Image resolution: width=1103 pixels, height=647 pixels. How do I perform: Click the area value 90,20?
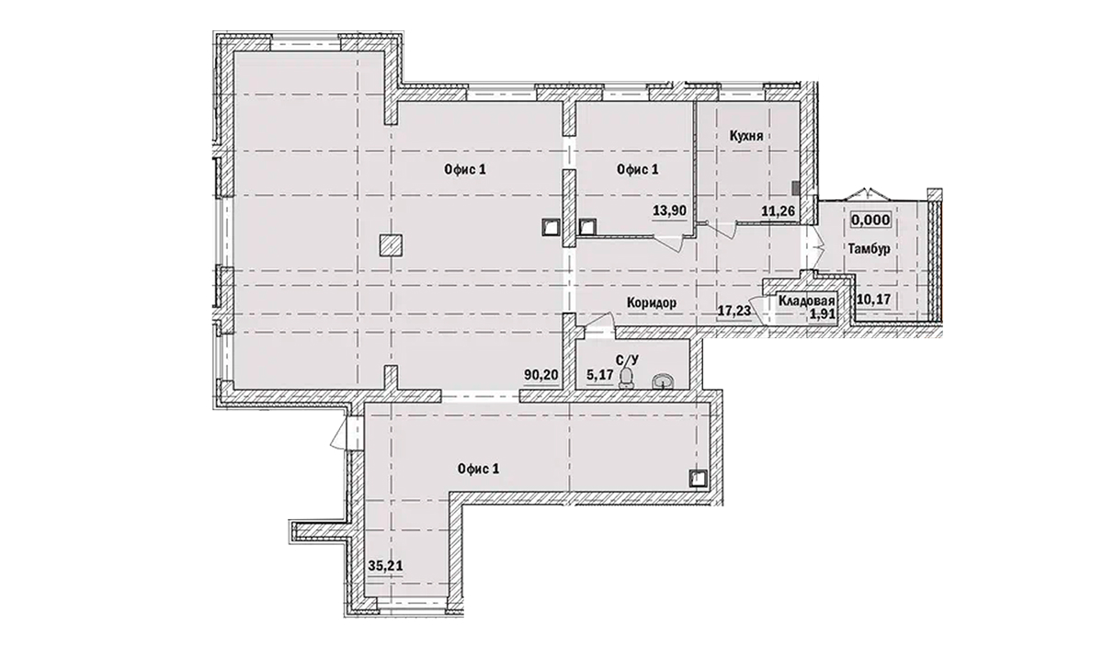pos(540,374)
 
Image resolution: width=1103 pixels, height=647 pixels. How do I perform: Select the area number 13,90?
pos(669,210)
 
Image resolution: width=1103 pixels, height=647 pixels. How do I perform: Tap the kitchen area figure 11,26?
pos(778,210)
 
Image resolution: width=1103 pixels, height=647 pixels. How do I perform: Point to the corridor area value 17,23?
pos(733,312)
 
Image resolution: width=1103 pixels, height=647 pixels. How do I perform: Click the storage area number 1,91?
pos(822,313)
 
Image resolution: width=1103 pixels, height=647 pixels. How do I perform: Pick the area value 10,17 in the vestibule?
pos(873,298)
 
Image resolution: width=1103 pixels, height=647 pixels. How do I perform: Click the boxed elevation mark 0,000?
pos(869,221)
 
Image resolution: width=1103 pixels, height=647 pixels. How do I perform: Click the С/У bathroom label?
pos(628,361)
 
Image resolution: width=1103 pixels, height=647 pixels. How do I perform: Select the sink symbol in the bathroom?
pos(662,380)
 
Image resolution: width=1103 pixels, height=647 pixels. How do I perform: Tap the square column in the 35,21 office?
pos(698,477)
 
